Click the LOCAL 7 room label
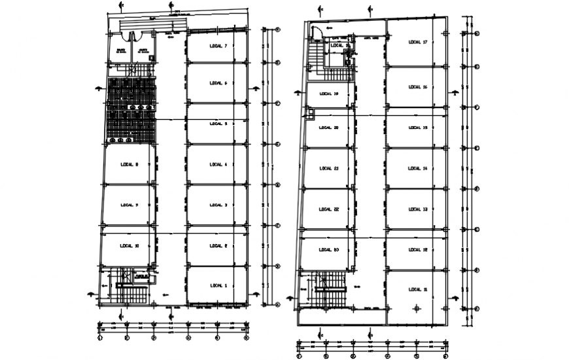click(218, 46)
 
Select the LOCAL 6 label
click(218, 83)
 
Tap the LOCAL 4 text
click(218, 164)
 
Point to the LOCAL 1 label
click(218, 285)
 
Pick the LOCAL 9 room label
click(129, 205)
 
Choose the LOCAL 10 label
click(129, 245)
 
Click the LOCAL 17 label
click(417, 43)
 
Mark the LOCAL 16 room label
click(417, 87)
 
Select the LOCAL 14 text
click(417, 168)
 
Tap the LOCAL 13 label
click(417, 209)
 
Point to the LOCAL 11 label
click(417, 289)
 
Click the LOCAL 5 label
click(218, 124)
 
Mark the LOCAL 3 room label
click(218, 205)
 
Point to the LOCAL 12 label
click(417, 249)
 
